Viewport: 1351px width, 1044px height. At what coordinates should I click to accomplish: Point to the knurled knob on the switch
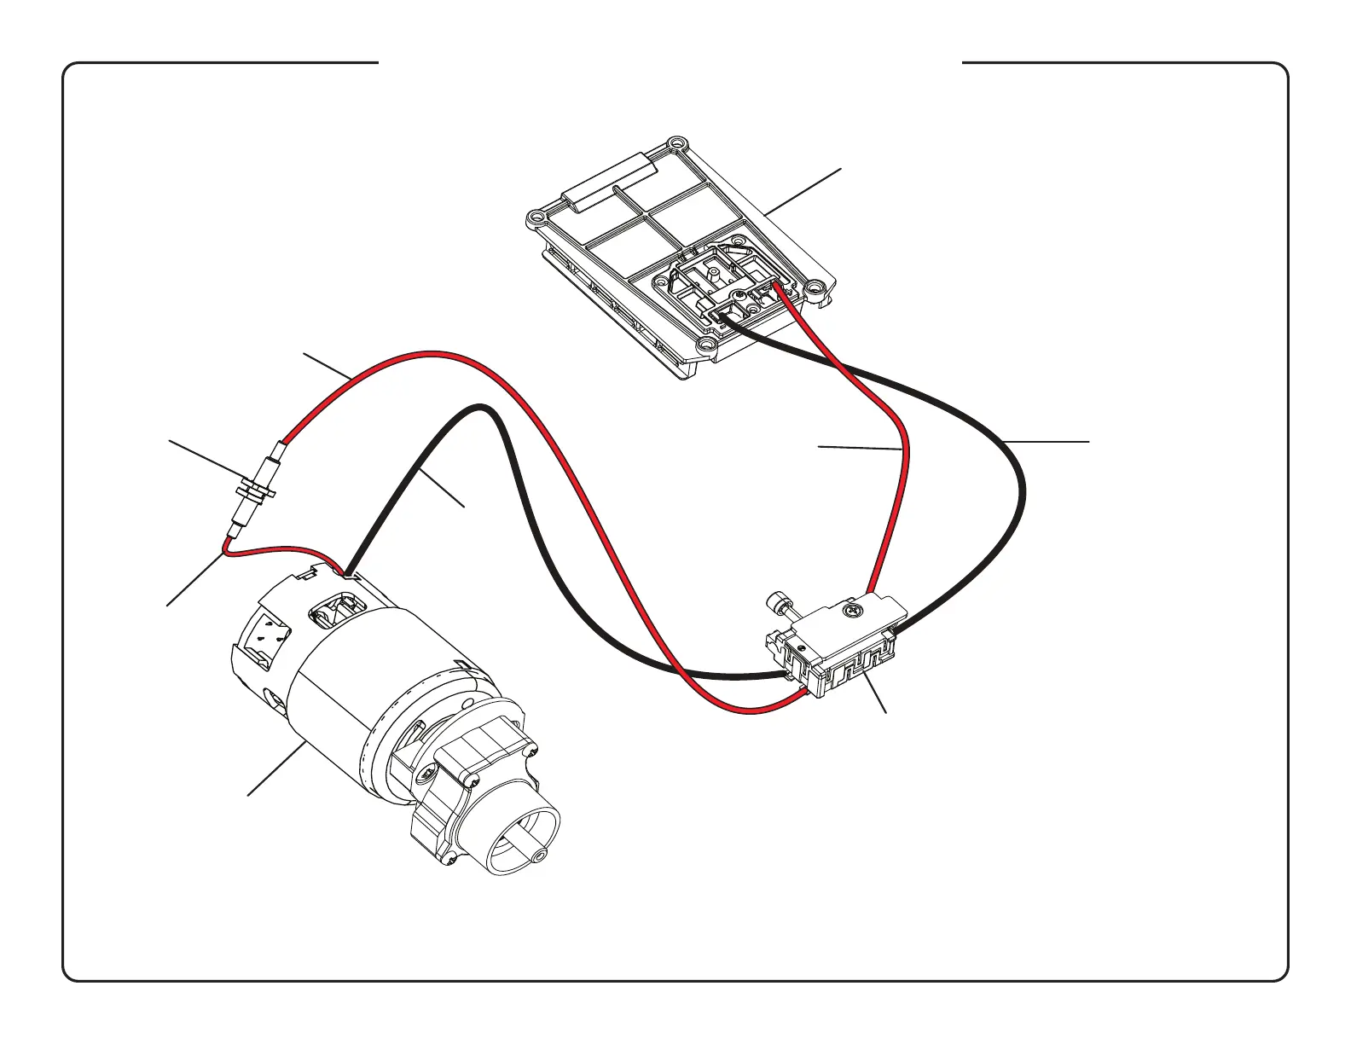point(778,602)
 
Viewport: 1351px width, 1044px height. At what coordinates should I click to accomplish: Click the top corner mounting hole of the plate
point(677,143)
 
